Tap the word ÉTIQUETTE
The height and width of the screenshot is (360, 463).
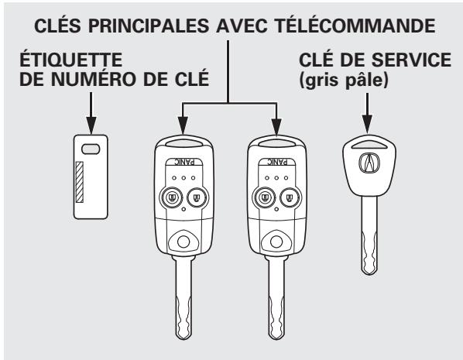[x=71, y=60]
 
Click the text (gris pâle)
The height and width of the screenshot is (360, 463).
[x=344, y=80]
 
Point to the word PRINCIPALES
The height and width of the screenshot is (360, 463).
[x=149, y=26]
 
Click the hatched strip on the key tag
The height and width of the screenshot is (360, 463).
[x=80, y=182]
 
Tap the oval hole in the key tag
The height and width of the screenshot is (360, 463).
[x=91, y=149]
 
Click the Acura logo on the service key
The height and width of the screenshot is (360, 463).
[x=369, y=163]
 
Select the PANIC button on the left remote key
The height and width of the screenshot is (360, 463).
[x=184, y=162]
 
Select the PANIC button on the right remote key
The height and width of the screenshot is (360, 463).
[x=277, y=162]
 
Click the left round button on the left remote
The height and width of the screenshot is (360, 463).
[x=171, y=197]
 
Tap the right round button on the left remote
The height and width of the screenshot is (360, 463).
[x=197, y=197]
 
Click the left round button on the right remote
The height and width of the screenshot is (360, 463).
[x=265, y=197]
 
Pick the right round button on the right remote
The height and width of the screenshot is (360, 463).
[x=290, y=197]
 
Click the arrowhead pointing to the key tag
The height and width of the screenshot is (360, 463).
[x=91, y=125]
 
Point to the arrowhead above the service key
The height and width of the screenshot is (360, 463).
[x=367, y=124]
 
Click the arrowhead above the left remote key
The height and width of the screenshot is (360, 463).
[x=183, y=126]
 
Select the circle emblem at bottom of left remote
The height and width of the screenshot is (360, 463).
[x=183, y=242]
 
